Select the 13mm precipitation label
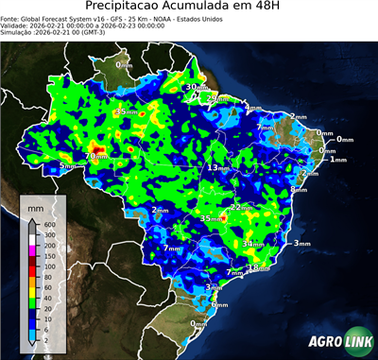point(218,167)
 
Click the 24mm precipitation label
point(217,98)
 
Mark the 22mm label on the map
point(242,207)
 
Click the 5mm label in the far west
point(66,166)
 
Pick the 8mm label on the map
point(299,189)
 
